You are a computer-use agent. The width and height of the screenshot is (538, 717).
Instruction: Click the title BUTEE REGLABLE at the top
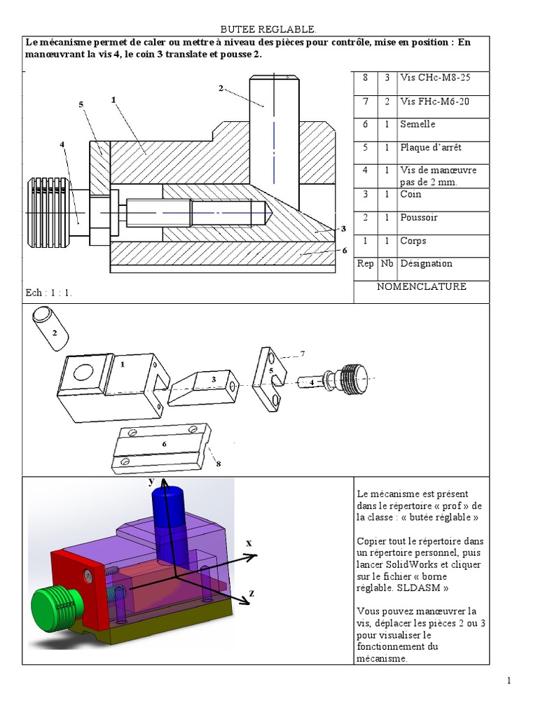(268, 29)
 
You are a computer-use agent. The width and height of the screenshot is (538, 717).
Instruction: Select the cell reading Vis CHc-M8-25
(434, 78)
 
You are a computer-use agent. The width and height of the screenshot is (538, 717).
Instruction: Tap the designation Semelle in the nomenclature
(418, 124)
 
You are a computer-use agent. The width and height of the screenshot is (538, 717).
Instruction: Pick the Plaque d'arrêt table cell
(430, 148)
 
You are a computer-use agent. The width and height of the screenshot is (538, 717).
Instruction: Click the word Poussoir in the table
(419, 217)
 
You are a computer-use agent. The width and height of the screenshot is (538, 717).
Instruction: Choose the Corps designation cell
(413, 241)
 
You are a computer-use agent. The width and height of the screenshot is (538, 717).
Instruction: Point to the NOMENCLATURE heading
(421, 286)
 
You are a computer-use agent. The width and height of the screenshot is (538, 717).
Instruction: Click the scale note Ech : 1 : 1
(49, 293)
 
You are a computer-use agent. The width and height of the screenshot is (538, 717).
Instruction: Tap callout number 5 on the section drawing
(81, 104)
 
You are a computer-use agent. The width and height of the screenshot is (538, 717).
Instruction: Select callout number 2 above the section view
(221, 88)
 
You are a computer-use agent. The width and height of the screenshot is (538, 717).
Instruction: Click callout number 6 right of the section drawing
(344, 250)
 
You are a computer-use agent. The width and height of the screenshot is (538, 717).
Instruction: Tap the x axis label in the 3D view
(249, 543)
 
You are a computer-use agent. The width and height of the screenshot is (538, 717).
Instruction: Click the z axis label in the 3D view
(251, 593)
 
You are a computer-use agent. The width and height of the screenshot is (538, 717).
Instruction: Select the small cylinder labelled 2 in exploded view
(51, 327)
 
